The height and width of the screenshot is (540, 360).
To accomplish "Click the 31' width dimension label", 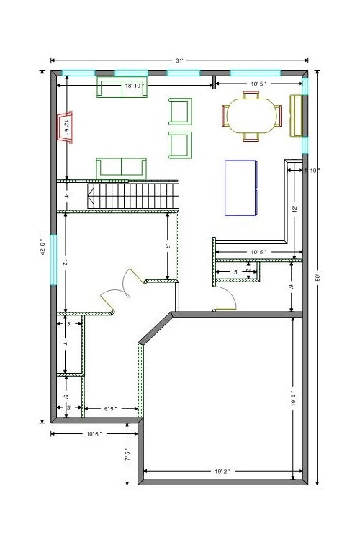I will tap(177, 61).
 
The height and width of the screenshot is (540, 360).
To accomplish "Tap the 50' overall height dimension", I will tap(317, 276).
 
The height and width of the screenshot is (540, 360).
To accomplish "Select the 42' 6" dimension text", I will tap(42, 247).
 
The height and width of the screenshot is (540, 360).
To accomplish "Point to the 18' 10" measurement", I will tap(133, 86).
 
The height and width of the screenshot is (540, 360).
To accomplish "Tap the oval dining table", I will tap(251, 116).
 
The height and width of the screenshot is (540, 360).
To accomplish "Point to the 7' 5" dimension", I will tap(127, 455).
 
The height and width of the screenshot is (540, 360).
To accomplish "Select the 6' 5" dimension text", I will tap(112, 409).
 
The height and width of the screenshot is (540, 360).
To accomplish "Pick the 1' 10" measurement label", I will tap(312, 171).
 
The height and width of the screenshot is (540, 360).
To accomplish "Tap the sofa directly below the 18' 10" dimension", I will tap(122, 89).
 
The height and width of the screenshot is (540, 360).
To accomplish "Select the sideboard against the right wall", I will tap(296, 115).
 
